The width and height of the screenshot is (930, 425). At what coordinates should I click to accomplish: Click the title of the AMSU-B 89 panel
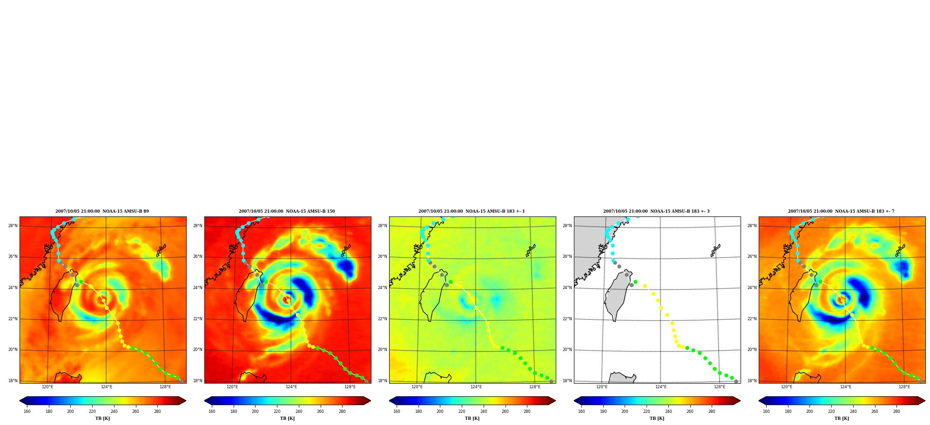[102, 211]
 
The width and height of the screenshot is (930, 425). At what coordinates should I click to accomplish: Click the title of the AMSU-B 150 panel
[287, 211]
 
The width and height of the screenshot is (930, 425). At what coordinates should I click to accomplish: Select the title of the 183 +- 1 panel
[472, 211]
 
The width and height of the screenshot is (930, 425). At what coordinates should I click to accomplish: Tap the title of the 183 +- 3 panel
[656, 211]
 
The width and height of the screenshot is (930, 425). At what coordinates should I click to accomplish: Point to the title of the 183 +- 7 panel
[841, 211]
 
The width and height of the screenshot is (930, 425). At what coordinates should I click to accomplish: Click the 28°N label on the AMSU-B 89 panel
[13, 226]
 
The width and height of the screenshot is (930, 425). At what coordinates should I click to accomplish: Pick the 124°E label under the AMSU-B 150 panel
[291, 387]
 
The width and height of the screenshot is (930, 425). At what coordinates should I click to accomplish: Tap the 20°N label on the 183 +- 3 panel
[567, 350]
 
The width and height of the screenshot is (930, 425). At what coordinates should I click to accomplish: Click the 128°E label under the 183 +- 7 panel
[904, 387]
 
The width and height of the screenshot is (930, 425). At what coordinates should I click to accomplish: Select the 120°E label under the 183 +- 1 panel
[417, 387]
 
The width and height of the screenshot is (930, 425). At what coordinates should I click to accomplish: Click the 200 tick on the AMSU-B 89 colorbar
[70, 411]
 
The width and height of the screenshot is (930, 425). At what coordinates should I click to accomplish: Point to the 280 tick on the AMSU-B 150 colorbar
[342, 411]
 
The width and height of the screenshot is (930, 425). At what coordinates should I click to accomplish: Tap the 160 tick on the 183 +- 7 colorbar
[766, 411]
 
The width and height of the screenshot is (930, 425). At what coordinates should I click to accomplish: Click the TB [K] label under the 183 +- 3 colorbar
[657, 418]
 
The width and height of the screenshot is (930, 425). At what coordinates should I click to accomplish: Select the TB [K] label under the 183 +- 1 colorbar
[472, 418]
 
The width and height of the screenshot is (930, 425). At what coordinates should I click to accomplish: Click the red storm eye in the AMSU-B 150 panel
[287, 300]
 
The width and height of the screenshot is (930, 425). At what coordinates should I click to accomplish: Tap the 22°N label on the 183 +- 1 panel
[382, 319]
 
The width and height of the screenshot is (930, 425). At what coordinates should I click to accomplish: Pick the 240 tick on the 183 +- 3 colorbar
[668, 411]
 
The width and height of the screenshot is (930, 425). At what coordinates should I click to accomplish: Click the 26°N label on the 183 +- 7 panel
[752, 256]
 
